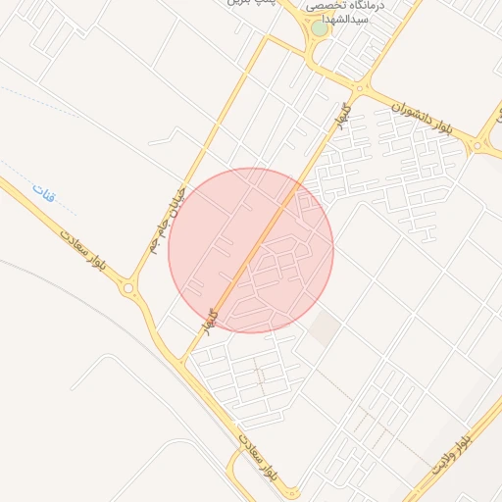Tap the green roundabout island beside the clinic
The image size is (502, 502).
point(320,27)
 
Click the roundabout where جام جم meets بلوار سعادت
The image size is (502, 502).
point(129,288)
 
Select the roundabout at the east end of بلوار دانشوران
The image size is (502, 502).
point(477,145)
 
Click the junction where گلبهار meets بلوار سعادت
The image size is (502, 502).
point(180,361)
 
